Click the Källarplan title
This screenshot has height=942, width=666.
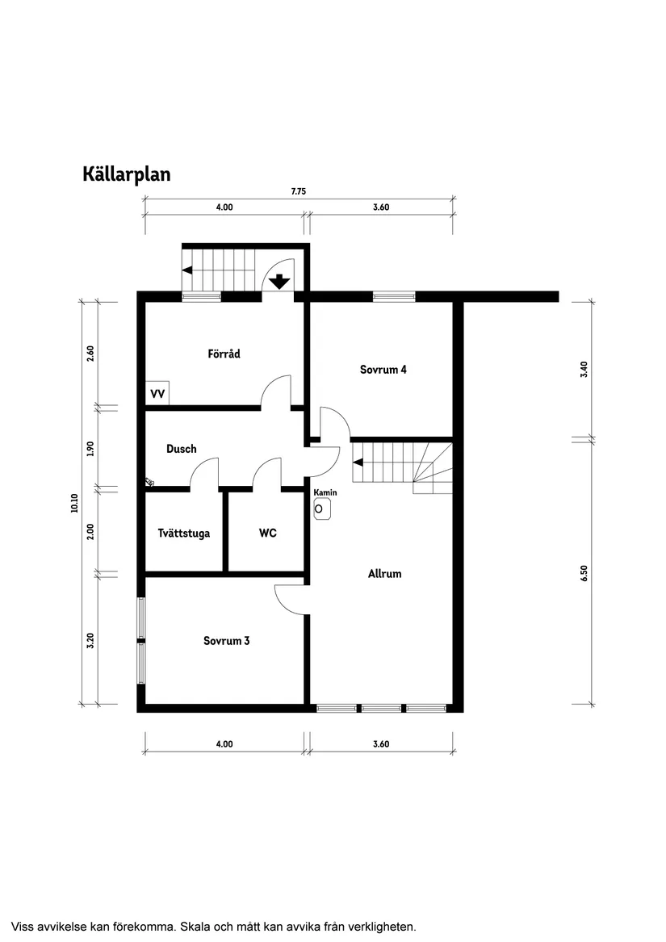coord(126,174)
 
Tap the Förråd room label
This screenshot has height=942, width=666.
coord(224,354)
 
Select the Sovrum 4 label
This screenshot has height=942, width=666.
coord(383,370)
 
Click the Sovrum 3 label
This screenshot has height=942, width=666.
coord(226,641)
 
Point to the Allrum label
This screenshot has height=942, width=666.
coord(384,574)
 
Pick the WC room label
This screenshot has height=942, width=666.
coord(268,533)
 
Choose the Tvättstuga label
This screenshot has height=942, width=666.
coord(184,533)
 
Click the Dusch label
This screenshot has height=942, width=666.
coord(182,449)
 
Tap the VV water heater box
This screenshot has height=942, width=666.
coord(157,393)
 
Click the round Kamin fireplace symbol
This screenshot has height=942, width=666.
coord(322,509)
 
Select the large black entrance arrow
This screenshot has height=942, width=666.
coord(279,282)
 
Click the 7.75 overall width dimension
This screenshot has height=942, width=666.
coord(299,192)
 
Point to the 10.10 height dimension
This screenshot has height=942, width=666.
coord(74,503)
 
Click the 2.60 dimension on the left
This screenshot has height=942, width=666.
coord(90,353)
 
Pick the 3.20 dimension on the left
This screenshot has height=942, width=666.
coord(90,640)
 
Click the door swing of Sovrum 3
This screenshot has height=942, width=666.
coord(289,598)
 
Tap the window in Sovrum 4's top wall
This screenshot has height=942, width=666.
coord(394,297)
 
